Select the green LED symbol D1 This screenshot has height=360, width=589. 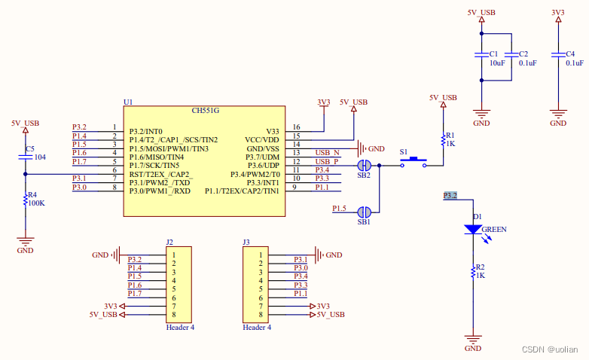[x=473, y=229]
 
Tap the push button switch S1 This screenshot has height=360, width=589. [x=413, y=163]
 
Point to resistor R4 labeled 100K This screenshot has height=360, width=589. [x=26, y=199]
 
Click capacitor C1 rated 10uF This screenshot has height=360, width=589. [x=481, y=55]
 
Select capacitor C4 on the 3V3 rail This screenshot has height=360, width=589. [x=558, y=55]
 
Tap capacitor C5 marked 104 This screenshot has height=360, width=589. [x=26, y=157]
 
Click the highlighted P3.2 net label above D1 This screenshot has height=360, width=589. [x=450, y=196]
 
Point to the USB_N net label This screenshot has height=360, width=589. [x=327, y=153]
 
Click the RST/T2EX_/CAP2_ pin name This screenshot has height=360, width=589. [x=160, y=173]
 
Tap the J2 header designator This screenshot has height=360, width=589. [x=169, y=243]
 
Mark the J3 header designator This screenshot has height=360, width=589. [x=246, y=243]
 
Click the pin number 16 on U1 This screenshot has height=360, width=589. [x=296, y=127]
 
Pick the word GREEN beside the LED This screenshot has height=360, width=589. [x=495, y=229]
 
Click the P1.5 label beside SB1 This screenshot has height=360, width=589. [x=340, y=208]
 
